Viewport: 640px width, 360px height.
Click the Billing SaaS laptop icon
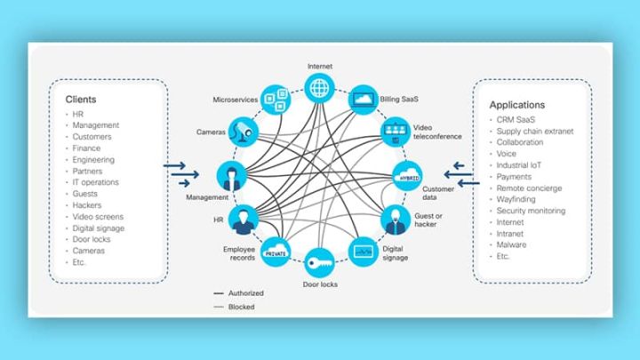coord(363,100)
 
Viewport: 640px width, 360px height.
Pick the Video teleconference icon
coord(392,132)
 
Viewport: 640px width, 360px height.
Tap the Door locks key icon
coord(318,263)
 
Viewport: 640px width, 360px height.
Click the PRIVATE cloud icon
coord(274,251)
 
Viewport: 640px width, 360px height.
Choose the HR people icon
coord(243,217)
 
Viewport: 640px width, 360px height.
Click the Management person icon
coord(230,174)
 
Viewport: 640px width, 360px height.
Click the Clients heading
coord(81,100)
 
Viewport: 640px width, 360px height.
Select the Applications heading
coord(517,105)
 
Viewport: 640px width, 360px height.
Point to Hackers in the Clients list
coord(88,204)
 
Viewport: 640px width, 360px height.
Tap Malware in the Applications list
coord(512,244)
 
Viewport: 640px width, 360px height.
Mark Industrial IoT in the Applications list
coord(521,164)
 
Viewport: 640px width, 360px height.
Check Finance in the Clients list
coord(87,148)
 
